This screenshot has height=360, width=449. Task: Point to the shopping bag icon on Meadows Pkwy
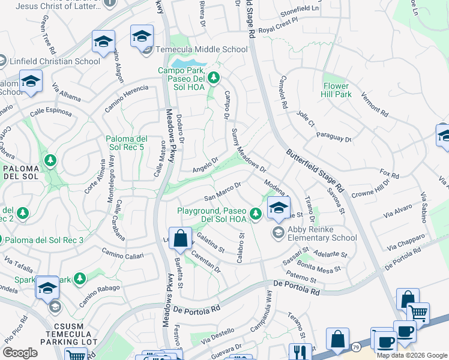tap(179, 239)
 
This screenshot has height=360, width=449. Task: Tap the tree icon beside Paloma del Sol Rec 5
tap(50, 160)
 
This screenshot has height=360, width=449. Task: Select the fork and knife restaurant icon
tap(298, 352)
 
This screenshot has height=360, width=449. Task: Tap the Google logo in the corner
tap(20, 353)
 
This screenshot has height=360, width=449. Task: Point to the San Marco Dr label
tap(223, 191)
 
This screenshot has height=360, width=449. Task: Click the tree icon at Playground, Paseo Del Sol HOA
tap(255, 212)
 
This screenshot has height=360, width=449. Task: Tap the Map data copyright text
tap(412, 355)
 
